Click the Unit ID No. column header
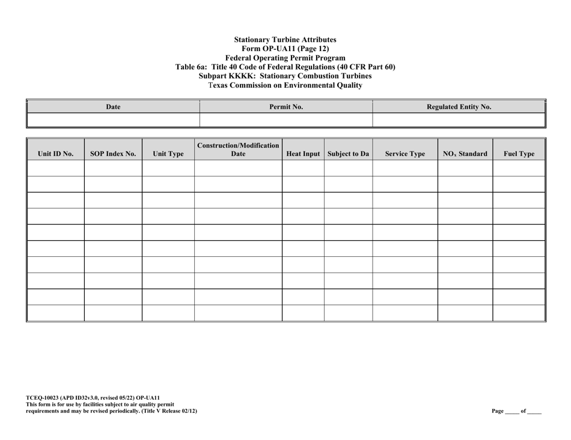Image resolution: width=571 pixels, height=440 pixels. (x=55, y=154)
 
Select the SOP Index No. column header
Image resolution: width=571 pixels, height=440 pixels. (x=113, y=154)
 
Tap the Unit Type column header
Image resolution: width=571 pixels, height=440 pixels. (x=168, y=154)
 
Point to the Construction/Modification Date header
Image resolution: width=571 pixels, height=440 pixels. (x=238, y=149)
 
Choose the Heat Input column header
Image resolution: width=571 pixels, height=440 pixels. (x=303, y=154)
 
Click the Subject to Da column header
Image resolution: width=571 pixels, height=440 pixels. (x=348, y=154)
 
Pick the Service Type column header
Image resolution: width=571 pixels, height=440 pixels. (x=405, y=154)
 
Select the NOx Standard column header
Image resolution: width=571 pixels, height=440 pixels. (x=465, y=154)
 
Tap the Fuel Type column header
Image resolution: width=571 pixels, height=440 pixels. (x=518, y=154)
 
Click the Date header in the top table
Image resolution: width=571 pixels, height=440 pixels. (x=113, y=107)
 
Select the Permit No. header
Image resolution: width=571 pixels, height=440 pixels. (x=286, y=107)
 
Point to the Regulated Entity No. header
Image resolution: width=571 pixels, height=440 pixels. (x=459, y=107)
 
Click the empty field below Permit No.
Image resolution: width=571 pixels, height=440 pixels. (x=286, y=119)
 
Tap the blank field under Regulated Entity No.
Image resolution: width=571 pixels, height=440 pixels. (x=459, y=119)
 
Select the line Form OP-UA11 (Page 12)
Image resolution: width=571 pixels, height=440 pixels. (x=285, y=49)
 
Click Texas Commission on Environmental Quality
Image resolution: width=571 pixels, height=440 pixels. (x=285, y=85)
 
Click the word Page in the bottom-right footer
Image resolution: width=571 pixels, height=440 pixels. (x=498, y=411)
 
